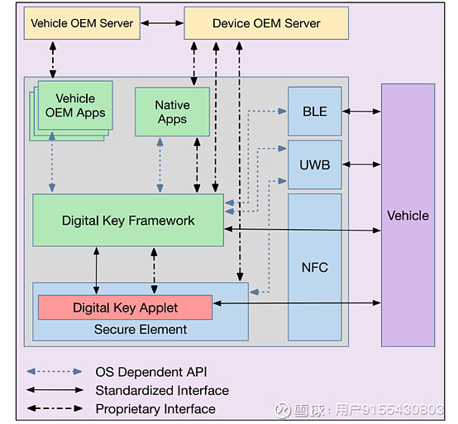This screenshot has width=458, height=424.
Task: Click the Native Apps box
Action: pyautogui.click(x=172, y=112)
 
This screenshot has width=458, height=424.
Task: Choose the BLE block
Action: pyautogui.click(x=314, y=111)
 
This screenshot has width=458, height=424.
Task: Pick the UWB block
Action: pyautogui.click(x=314, y=164)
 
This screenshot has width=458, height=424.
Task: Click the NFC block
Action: pyautogui.click(x=314, y=266)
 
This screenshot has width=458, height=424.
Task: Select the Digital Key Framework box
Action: pyautogui.click(x=128, y=220)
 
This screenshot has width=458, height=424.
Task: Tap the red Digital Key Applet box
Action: pyautogui.click(x=125, y=307)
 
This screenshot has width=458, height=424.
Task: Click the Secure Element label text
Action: pyautogui.click(x=140, y=329)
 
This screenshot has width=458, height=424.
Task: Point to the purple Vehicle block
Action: pyautogui.click(x=408, y=215)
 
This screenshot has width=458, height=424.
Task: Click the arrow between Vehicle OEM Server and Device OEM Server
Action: pyautogui.click(x=162, y=23)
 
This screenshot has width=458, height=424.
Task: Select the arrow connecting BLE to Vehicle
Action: pyautogui.click(x=361, y=111)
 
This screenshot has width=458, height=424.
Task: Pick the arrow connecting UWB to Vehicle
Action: pyautogui.click(x=361, y=164)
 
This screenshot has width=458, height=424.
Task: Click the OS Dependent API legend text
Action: pyautogui.click(x=150, y=372)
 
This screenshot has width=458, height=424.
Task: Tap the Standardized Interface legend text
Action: pyautogui.click(x=162, y=390)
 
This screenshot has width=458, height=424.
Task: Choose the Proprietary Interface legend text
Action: pyautogui.click(x=155, y=408)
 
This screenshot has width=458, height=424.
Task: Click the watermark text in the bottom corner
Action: pyautogui.click(x=368, y=409)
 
